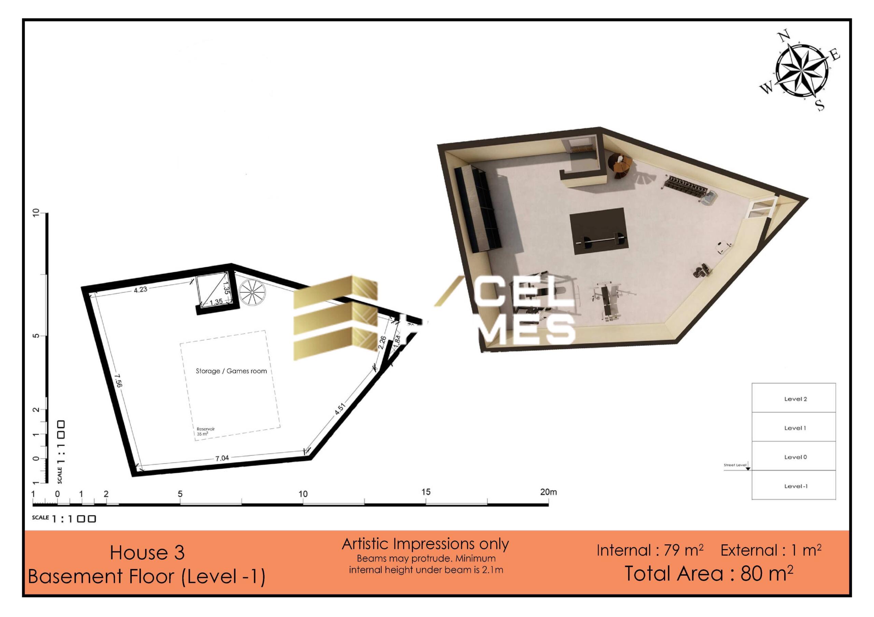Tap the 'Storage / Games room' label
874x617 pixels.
pyautogui.click(x=231, y=371)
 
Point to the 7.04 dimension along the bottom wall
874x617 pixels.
pyautogui.click(x=222, y=458)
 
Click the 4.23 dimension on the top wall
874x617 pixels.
pyautogui.click(x=140, y=290)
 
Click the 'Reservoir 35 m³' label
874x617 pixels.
pyautogui.click(x=206, y=431)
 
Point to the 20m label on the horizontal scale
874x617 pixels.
pyautogui.click(x=548, y=492)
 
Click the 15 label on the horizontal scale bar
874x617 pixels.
pyautogui.click(x=426, y=492)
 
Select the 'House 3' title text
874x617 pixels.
pyautogui.click(x=147, y=553)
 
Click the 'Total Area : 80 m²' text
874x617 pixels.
pyautogui.click(x=709, y=574)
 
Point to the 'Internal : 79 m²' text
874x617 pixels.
pyautogui.click(x=650, y=550)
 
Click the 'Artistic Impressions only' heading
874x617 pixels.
pyautogui.click(x=425, y=544)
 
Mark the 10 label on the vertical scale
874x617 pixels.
pyautogui.click(x=37, y=214)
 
